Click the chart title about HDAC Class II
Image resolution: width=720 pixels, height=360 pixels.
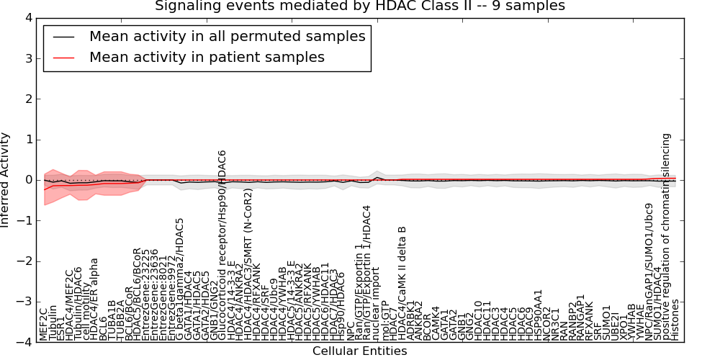point(360,6)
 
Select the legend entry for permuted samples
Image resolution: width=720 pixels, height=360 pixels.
point(227,36)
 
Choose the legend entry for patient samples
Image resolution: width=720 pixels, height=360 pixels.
point(207,57)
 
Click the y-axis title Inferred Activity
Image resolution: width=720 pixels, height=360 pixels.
point(6,180)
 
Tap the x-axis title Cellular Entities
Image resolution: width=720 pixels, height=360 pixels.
point(359,351)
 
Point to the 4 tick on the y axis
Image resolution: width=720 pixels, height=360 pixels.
point(29,17)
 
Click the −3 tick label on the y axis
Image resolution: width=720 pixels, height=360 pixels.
point(26,302)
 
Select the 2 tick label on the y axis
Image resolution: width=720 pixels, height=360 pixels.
point(29,99)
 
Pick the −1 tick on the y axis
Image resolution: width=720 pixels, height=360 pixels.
point(26,221)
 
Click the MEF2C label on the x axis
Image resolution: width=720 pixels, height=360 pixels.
point(44,323)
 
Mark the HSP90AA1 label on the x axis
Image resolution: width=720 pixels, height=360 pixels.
point(538,314)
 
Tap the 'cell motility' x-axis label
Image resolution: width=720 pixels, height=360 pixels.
point(86,313)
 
